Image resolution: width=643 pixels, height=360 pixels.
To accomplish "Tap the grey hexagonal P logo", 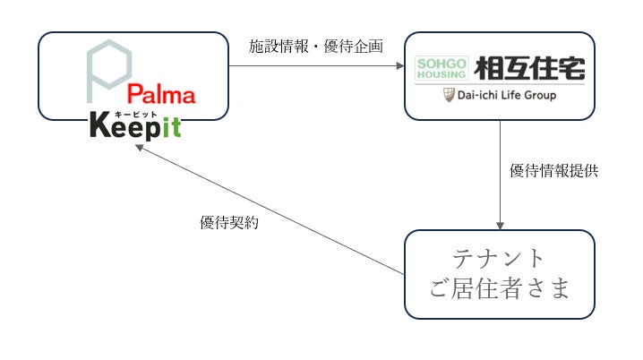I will (x=110, y=71).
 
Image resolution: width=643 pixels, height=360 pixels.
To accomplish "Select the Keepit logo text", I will (x=135, y=127).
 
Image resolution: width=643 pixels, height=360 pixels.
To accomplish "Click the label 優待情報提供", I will (x=553, y=170).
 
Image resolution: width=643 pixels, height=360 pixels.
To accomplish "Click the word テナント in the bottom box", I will (x=498, y=258).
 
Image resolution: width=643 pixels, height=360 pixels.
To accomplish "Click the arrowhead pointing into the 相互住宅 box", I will (x=399, y=64).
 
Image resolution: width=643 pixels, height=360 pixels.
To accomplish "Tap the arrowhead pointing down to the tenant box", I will (x=499, y=226).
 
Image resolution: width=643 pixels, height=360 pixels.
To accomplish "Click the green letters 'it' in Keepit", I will (x=171, y=127).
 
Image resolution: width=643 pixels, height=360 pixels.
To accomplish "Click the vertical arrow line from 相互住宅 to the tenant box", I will (x=499, y=170).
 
